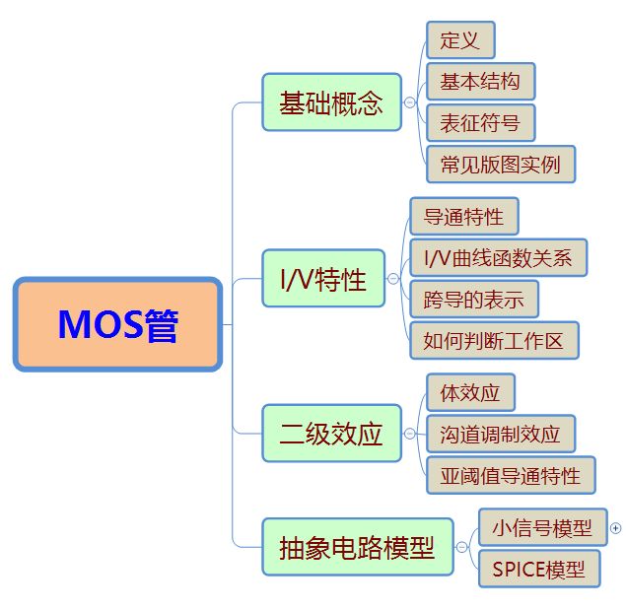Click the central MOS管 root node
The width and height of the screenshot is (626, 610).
pyautogui.click(x=117, y=324)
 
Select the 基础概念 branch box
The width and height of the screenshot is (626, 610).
pyautogui.click(x=332, y=102)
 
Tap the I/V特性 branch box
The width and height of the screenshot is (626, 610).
pyautogui.click(x=323, y=278)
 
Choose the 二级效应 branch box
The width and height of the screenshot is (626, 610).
pyautogui.click(x=332, y=434)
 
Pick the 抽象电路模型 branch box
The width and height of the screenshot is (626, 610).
pyautogui.click(x=358, y=547)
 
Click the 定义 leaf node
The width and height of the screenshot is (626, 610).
pyautogui.click(x=460, y=40)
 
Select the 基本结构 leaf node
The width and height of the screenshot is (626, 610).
pyautogui.click(x=481, y=82)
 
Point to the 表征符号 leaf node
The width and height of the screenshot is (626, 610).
pyautogui.click(x=481, y=122)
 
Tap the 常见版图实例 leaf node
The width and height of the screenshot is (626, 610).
pyautogui.click(x=501, y=164)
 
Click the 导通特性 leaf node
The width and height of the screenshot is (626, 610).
pyautogui.click(x=464, y=216)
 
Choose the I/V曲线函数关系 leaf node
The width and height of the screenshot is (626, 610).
pyautogui.click(x=499, y=257)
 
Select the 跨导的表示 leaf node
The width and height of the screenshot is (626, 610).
pyautogui.click(x=474, y=299)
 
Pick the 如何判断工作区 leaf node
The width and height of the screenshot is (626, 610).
pyautogui.click(x=494, y=341)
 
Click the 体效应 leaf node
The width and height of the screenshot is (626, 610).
pyautogui.click(x=470, y=392)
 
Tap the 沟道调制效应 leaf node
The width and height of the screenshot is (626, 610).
pyautogui.click(x=501, y=434)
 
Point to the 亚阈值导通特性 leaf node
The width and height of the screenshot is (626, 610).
pyautogui.click(x=511, y=475)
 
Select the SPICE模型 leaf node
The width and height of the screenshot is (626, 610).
pyautogui.click(x=539, y=569)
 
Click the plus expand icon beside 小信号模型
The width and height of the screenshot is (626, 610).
pyautogui.click(x=615, y=528)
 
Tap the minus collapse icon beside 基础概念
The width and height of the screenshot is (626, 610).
pyautogui.click(x=410, y=102)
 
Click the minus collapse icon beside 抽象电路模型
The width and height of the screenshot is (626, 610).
pyautogui.click(x=462, y=547)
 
